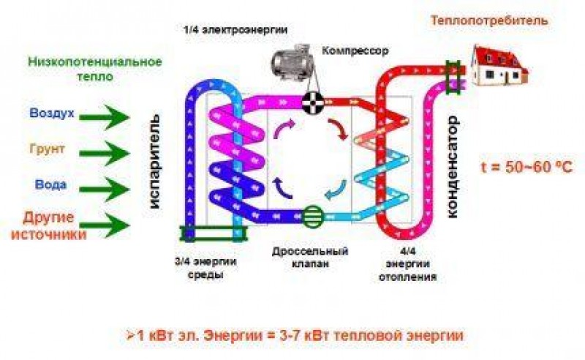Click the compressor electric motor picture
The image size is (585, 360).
tap(291, 62)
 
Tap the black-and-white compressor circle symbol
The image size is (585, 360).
tap(313, 102)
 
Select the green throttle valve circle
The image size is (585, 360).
tap(313, 217)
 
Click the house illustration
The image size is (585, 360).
tap(498, 65)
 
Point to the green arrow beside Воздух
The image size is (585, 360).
tap(104, 117)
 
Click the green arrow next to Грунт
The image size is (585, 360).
tap(104, 154)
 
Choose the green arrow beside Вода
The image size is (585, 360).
tap(104, 190)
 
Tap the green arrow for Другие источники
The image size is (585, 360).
tap(104, 225)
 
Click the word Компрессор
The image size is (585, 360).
tap(355, 50)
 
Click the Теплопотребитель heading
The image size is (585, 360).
tap(489, 20)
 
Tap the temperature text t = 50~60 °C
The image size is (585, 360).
tap(526, 167)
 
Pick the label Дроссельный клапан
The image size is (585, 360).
tap(310, 258)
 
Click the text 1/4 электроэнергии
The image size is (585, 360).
tap(235, 30)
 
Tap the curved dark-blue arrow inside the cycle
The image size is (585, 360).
tap(282, 188)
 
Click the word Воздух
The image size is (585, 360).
tap(52, 113)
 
